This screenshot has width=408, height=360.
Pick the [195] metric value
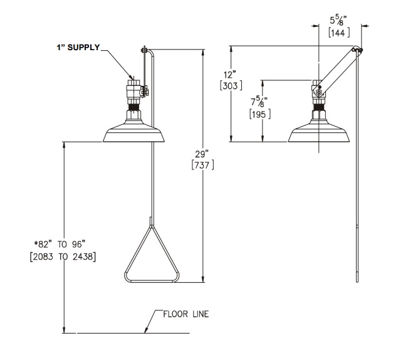point(258,114)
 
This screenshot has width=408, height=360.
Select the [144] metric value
point(339,31)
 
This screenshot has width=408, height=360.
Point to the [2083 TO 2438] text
point(62,258)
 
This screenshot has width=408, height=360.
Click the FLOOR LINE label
point(186,313)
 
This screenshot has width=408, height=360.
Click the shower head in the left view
point(135,132)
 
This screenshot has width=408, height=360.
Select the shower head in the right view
point(320,132)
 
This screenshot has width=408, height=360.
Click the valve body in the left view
point(134,91)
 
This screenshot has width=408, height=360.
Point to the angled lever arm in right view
point(338,69)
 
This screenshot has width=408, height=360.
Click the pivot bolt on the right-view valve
point(318,93)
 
